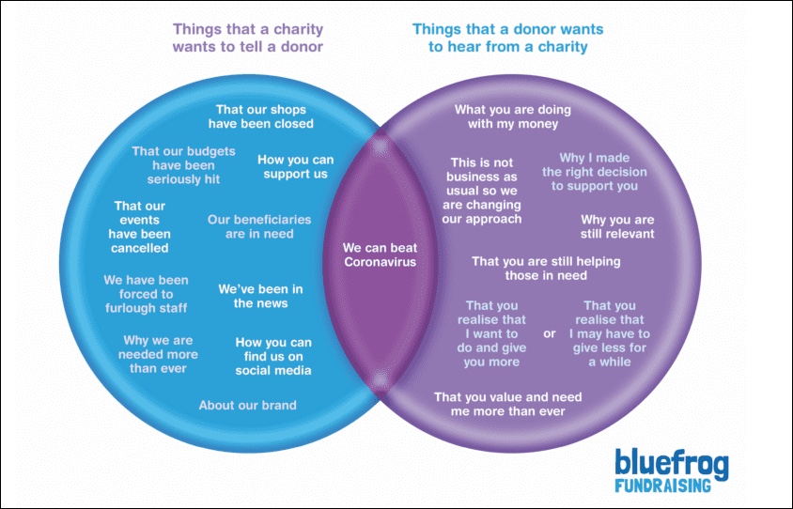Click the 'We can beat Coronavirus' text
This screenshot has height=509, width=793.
point(380,254)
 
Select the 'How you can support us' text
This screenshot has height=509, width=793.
point(295,166)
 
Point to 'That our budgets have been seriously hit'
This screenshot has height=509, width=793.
point(183,164)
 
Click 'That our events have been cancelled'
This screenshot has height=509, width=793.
point(140,226)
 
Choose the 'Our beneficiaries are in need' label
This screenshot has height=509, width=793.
point(259,226)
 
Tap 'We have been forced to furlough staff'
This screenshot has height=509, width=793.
point(146,294)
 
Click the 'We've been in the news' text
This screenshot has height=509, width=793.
point(260,296)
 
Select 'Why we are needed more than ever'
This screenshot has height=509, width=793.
point(158,354)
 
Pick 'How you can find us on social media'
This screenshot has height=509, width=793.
point(273,356)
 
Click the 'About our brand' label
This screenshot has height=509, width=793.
point(247,406)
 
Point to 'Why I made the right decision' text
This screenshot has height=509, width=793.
point(595,172)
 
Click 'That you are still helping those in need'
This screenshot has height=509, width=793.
point(546,268)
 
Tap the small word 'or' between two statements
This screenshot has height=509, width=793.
point(550,333)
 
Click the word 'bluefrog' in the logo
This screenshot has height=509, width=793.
point(671,463)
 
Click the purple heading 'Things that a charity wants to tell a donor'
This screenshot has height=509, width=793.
point(248,38)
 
